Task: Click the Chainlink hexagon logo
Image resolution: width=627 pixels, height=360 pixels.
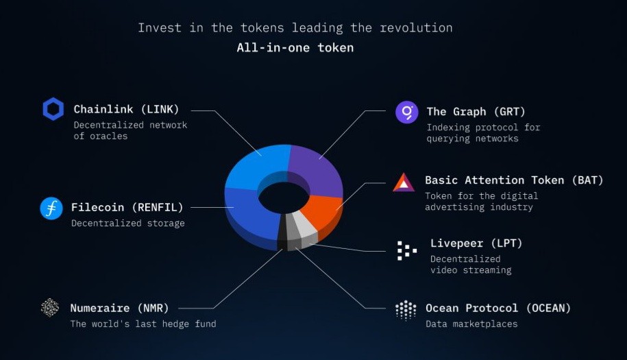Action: (53, 109)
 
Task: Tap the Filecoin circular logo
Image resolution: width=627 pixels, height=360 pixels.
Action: (51, 208)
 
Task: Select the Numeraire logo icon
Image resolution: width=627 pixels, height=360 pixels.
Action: (50, 308)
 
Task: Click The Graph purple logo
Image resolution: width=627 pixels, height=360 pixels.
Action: (406, 112)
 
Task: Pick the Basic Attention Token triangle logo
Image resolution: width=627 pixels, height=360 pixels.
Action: (404, 182)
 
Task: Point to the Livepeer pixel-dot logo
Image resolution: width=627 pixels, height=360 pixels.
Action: (406, 251)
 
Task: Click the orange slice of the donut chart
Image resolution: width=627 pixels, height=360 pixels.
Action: (322, 210)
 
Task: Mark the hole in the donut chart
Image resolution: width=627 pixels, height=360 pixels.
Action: (284, 197)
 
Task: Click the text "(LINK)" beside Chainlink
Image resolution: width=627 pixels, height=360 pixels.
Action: (160, 109)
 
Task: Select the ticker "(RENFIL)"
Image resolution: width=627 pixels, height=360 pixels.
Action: (158, 207)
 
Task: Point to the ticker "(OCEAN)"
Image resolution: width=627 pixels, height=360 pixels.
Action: (548, 308)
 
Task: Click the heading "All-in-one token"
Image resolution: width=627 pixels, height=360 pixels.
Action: (295, 47)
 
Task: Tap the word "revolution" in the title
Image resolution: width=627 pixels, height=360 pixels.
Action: (416, 27)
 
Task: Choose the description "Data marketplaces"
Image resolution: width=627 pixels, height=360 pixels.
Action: (471, 324)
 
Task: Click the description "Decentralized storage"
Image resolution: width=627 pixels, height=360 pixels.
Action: (128, 224)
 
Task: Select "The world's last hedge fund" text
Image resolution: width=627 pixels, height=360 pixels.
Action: (143, 324)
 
